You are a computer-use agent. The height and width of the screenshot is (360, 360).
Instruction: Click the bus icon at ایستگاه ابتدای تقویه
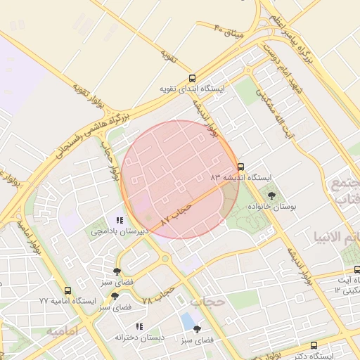pyautogui.click(x=193, y=79)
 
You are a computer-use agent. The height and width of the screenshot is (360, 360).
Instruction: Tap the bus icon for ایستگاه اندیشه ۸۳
pyautogui.click(x=241, y=167)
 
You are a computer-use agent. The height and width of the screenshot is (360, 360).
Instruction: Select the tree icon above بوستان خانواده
pyautogui.click(x=272, y=196)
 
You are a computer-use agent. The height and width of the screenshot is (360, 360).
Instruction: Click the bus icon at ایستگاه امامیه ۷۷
pyautogui.click(x=67, y=290)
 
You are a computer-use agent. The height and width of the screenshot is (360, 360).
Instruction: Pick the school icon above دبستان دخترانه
pyautogui.click(x=139, y=326)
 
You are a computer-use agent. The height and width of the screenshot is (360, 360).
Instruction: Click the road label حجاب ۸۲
pyautogui.click(x=176, y=213)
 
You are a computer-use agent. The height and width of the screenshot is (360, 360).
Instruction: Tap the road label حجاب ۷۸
pyautogui.click(x=157, y=295)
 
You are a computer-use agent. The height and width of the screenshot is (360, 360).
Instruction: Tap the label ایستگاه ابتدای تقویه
pyautogui.click(x=192, y=89)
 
